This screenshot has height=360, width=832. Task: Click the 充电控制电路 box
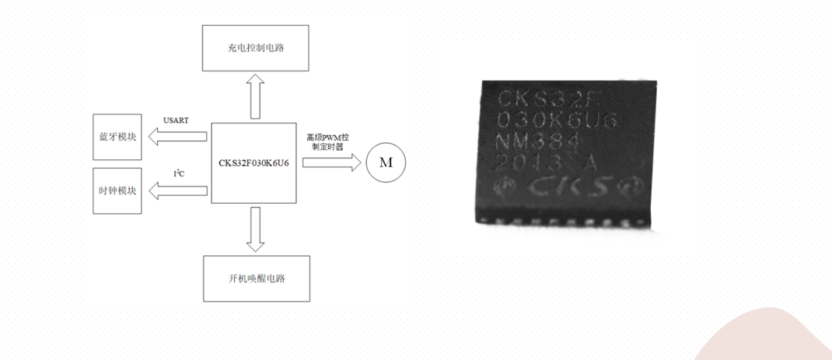[255, 48]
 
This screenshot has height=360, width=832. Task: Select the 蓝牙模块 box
[116, 137]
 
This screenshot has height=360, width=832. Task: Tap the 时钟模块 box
[116, 190]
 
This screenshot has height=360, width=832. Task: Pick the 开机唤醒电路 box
[255, 278]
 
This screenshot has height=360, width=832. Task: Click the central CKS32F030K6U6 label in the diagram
[254, 163]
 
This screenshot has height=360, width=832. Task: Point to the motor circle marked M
[386, 163]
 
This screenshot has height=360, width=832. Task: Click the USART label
[176, 121]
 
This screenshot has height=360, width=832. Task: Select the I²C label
[178, 173]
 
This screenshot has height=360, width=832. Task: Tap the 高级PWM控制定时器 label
[327, 142]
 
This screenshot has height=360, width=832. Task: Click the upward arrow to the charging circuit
[254, 96]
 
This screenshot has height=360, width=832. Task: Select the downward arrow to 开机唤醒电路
[254, 229]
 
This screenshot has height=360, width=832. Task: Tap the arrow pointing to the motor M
[331, 163]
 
